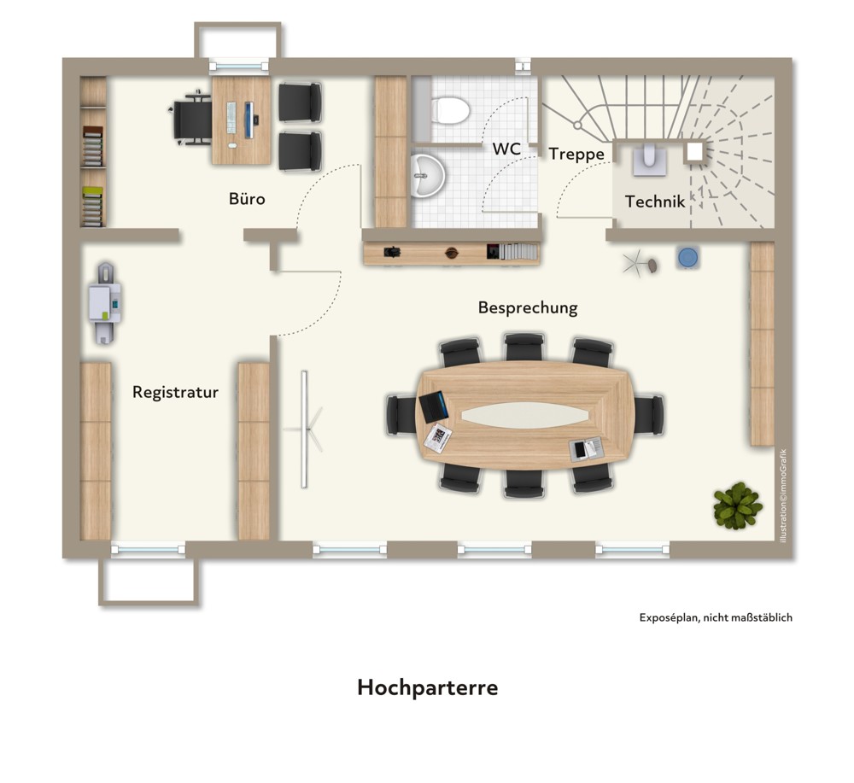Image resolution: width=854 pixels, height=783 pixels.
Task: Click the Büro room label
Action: [247, 199]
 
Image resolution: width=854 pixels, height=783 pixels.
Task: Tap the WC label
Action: [506, 149]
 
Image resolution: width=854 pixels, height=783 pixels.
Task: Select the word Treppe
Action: [576, 155]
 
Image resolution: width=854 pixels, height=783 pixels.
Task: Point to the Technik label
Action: [655, 202]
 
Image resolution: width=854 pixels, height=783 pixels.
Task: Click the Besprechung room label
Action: [528, 307]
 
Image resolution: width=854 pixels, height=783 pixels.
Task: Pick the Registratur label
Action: [175, 392]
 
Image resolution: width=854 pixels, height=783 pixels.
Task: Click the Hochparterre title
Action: [428, 687]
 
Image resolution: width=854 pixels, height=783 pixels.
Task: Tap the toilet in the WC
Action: [450, 110]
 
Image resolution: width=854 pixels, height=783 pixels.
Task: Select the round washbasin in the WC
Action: [428, 175]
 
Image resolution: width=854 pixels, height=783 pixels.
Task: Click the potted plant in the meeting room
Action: [738, 505]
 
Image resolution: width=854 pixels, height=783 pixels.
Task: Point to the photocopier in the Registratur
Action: [105, 303]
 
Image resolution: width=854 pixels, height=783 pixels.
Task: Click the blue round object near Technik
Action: [688, 257]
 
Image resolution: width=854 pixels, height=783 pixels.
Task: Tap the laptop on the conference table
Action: [434, 406]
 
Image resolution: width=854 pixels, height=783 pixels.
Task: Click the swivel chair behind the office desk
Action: [190, 120]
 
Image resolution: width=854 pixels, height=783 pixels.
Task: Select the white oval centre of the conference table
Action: [525, 416]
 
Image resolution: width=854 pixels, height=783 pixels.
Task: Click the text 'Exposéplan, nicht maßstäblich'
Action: [716, 617]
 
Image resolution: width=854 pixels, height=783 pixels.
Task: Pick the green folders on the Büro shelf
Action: [92, 207]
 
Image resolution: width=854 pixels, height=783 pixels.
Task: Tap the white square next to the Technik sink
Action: [694, 152]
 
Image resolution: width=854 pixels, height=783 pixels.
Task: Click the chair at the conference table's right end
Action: [649, 416]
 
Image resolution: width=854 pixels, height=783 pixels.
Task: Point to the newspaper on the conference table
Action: [438, 438]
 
